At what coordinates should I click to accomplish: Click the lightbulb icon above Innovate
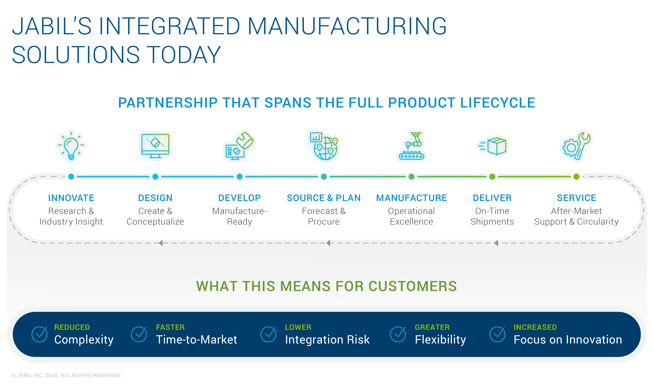coord(71,146)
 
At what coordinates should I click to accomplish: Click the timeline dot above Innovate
coord(71,177)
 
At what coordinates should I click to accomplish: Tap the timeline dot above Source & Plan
coord(324,177)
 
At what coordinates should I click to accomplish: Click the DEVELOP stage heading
coord(240,198)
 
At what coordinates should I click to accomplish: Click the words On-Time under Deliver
coord(492,211)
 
